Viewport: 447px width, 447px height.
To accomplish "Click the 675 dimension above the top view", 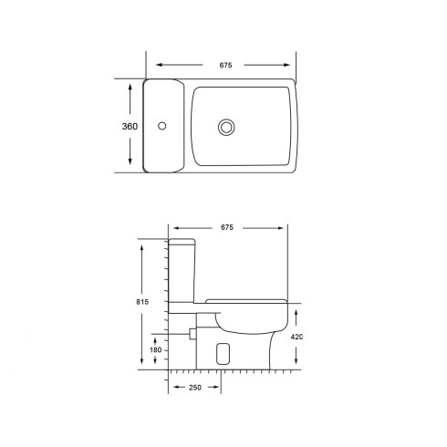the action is [225, 65].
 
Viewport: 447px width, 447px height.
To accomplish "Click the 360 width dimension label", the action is [130, 126].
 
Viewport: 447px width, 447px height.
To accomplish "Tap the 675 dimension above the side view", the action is [227, 227].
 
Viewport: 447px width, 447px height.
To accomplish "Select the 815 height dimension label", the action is [142, 302].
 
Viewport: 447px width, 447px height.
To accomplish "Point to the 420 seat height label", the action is [296, 337].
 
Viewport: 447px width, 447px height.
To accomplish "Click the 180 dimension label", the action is [155, 350].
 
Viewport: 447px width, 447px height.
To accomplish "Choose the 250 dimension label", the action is [195, 388].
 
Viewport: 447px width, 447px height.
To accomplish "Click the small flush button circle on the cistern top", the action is [162, 126].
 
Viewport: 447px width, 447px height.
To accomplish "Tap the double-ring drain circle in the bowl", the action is [226, 128].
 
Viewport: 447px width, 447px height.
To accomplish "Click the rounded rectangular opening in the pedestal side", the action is [223, 354].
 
